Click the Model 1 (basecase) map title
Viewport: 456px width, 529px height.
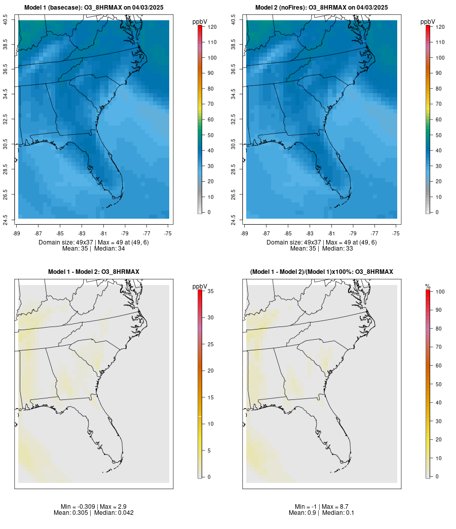point(94,8)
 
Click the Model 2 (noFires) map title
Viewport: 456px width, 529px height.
point(322,8)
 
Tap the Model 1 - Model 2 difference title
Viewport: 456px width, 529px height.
point(94,272)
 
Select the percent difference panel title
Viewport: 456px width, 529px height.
point(322,272)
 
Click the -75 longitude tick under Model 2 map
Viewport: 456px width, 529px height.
point(396,233)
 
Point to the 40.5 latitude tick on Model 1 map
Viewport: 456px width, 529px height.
point(6,20)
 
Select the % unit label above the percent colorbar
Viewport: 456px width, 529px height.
point(428,287)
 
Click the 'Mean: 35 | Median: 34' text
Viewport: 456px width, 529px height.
point(94,249)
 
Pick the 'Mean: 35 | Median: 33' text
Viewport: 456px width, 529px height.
point(322,249)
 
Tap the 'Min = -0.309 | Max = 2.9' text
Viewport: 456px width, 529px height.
point(94,507)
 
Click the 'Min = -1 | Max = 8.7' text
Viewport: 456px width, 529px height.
point(322,507)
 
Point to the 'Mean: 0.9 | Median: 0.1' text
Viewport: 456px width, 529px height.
point(322,513)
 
